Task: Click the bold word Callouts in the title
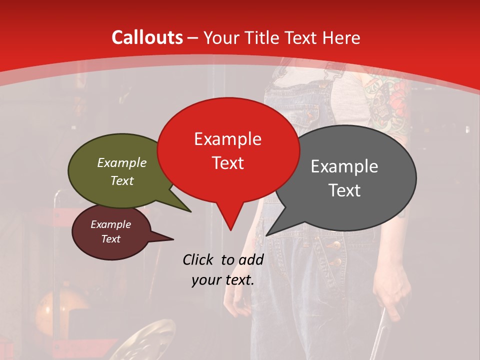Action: [147, 38]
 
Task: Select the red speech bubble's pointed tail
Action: [230, 220]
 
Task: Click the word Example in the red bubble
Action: [227, 139]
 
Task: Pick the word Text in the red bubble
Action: [227, 163]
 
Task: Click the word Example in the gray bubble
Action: [344, 166]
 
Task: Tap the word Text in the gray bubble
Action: [344, 190]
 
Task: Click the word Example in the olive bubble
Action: [122, 163]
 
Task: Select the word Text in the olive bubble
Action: [122, 180]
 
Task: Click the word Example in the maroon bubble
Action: [111, 224]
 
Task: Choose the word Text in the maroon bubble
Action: [111, 239]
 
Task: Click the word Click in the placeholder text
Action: [200, 259]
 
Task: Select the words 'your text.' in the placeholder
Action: [223, 280]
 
